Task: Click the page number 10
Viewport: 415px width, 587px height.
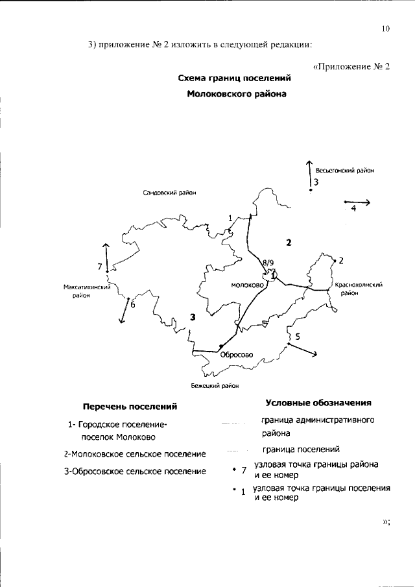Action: coord(385,29)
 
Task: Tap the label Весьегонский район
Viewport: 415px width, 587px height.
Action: coord(346,171)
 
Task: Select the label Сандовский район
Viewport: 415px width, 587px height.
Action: coord(169,193)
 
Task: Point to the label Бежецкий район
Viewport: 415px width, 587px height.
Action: coord(210,385)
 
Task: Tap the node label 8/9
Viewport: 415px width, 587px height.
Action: coord(268,262)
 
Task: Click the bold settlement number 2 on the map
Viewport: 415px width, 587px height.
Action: coord(289,243)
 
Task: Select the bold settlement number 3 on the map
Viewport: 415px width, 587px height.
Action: coord(193,316)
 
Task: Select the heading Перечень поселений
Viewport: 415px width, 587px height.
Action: coord(130,407)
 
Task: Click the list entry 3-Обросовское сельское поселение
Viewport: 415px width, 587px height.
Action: coord(135,471)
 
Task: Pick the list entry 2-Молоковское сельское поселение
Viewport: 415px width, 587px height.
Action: coord(135,454)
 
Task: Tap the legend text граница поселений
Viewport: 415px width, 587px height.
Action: coord(301,449)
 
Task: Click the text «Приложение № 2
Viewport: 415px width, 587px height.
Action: coord(351,67)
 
